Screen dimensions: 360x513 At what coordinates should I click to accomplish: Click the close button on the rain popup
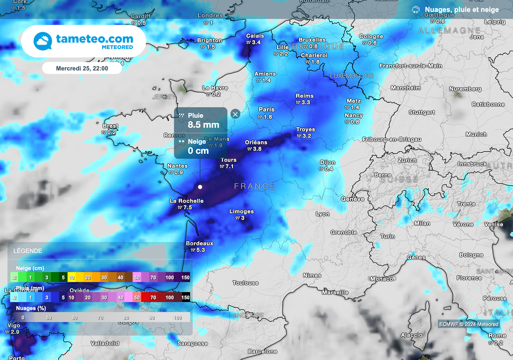point(235,114)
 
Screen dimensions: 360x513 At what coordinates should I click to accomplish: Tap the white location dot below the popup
point(200,187)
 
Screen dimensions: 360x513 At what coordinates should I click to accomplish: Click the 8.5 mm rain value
point(203,125)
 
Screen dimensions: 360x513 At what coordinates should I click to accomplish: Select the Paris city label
point(267,110)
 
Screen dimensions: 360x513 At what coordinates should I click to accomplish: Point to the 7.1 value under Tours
point(229,167)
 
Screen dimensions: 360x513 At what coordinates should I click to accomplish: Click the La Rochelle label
point(186,201)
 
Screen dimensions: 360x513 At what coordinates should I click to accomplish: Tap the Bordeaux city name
point(199,243)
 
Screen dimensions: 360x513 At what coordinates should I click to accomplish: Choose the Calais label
point(255,36)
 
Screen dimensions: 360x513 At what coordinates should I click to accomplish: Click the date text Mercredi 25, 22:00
point(82,68)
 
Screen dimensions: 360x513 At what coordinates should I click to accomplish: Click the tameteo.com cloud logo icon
point(43,42)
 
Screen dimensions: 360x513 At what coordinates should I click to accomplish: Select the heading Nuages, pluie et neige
point(461,10)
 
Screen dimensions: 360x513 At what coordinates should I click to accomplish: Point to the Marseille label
point(335,292)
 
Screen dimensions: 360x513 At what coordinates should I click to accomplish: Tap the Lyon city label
point(323,214)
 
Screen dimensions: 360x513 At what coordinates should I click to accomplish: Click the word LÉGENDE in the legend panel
point(28,251)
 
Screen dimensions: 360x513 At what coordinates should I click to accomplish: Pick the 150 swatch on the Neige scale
point(186,277)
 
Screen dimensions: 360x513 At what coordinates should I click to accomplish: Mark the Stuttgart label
point(422,112)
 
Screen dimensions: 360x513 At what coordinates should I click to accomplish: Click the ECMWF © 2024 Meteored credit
point(468,324)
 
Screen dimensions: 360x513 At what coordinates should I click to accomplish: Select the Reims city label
point(305,96)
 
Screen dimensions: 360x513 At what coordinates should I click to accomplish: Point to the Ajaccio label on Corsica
point(412,334)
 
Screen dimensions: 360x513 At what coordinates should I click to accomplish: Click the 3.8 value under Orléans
point(257,149)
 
